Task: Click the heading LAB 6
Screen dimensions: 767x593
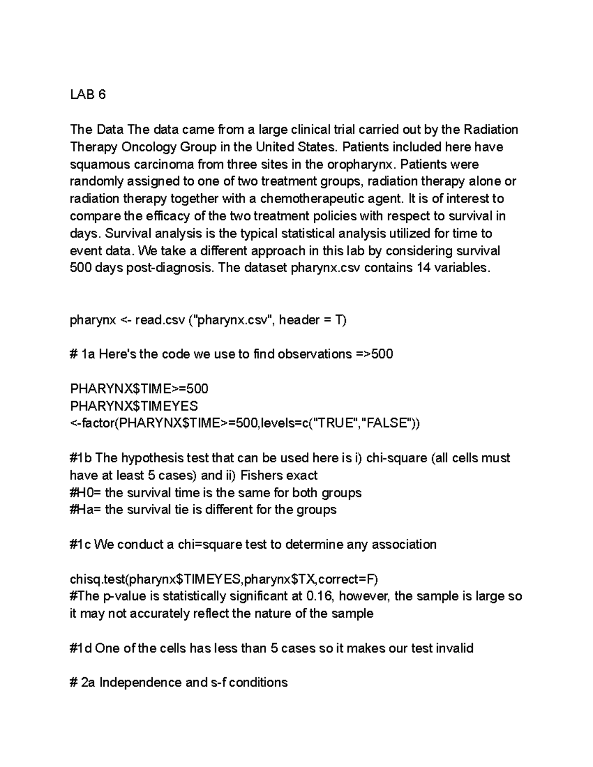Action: click(88, 95)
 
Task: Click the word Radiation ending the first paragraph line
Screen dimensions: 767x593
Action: click(491, 130)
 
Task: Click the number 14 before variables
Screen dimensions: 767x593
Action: click(424, 268)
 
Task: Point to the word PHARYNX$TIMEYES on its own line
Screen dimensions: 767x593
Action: click(134, 406)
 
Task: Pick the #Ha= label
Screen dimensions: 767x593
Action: click(85, 510)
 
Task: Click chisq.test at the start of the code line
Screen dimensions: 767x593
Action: click(98, 579)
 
